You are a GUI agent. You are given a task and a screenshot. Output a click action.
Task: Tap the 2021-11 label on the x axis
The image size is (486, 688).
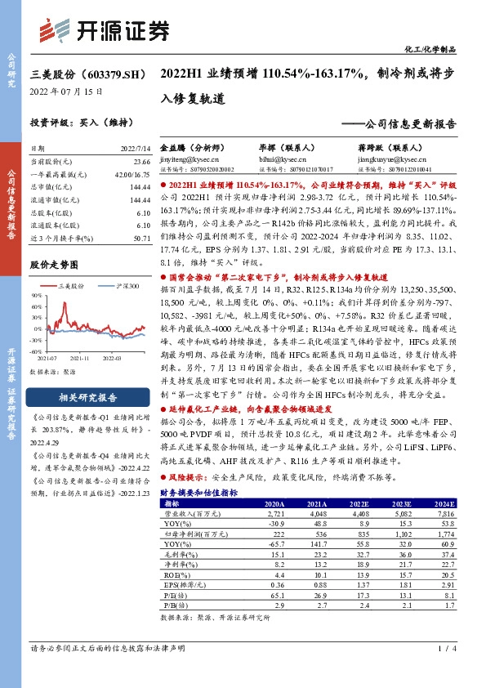point(79,358)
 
